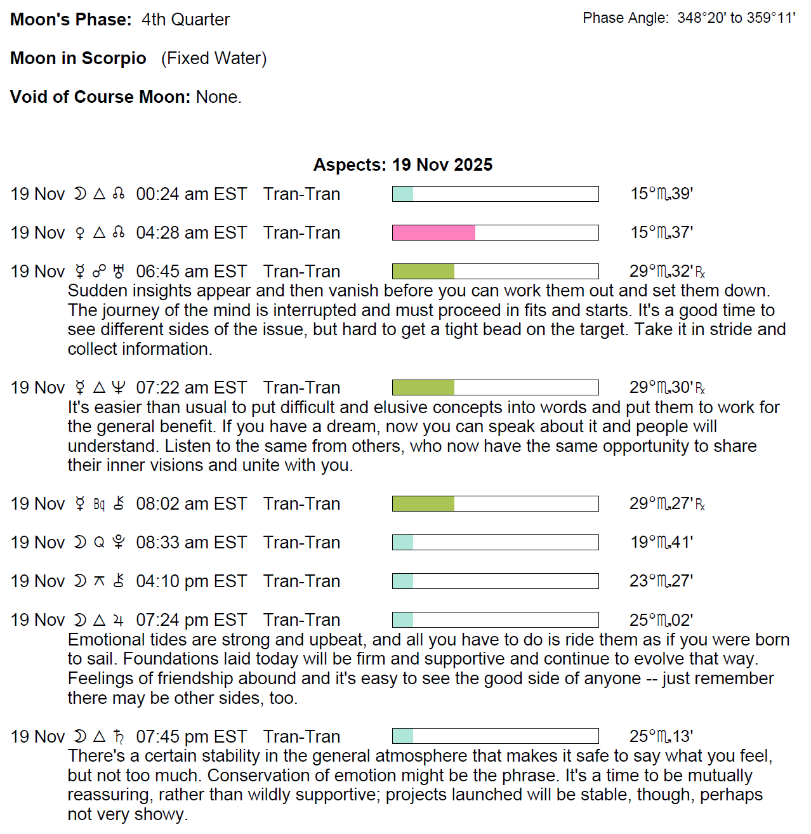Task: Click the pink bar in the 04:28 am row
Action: click(433, 233)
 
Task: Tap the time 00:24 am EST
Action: click(191, 194)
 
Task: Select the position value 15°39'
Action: click(661, 194)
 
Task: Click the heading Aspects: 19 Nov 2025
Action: click(403, 165)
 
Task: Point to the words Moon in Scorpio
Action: click(78, 58)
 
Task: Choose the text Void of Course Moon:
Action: click(100, 97)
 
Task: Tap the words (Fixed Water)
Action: click(214, 58)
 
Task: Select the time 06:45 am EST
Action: click(191, 272)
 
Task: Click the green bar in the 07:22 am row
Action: click(423, 388)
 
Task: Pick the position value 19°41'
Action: click(661, 543)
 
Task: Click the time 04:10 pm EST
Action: click(191, 581)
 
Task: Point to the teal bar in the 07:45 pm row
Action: click(403, 736)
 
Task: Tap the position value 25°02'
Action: click(661, 620)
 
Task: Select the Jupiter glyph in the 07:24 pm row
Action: click(118, 620)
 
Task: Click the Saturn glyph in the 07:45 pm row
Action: click(118, 736)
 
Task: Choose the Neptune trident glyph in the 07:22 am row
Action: click(118, 388)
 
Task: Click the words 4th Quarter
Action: click(185, 20)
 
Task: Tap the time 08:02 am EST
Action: click(191, 504)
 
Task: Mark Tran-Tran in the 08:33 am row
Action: click(301, 543)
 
